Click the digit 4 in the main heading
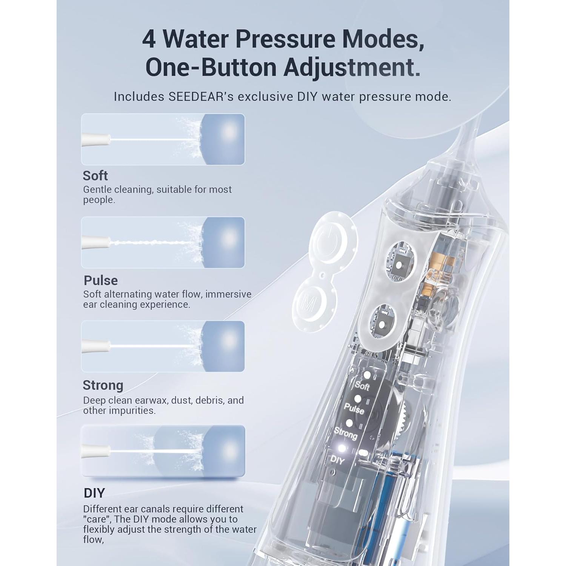(x=149, y=39)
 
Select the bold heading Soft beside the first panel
(x=95, y=176)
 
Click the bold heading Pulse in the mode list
(x=101, y=281)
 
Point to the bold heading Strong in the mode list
(x=103, y=385)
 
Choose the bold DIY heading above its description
(x=94, y=493)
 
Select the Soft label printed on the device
(x=362, y=386)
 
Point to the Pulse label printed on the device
(x=354, y=409)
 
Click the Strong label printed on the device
(x=346, y=434)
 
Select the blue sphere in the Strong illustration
(x=223, y=346)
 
